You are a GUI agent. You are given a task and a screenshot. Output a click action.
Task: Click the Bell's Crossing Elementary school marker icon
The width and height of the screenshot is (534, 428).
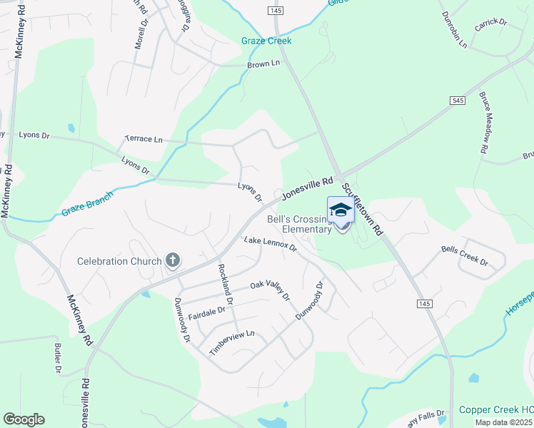341,209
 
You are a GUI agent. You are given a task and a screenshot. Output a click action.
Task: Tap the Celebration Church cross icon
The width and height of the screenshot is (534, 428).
172,260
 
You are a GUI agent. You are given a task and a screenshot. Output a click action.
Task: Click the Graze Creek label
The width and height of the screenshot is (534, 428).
266,41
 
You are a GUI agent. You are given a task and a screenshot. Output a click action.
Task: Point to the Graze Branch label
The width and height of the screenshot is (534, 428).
87,203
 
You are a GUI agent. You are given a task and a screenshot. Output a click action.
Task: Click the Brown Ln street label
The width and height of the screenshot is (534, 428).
263,64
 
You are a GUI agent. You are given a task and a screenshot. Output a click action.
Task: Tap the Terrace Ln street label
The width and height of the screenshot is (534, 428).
143,138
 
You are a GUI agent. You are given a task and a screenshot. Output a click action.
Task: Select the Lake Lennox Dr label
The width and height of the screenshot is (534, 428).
270,243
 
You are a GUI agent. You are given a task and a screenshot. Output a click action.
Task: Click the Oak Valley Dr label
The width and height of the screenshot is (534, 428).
270,289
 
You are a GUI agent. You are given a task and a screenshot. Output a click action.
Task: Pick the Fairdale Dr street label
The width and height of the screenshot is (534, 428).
206,311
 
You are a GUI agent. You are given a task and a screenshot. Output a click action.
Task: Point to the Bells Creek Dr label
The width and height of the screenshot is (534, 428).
464,256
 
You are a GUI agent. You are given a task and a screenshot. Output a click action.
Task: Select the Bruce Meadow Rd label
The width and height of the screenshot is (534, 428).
484,123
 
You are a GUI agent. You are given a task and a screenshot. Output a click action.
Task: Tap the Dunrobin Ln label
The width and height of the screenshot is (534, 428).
453,29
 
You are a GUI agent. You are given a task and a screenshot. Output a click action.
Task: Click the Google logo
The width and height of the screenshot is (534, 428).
24,419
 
